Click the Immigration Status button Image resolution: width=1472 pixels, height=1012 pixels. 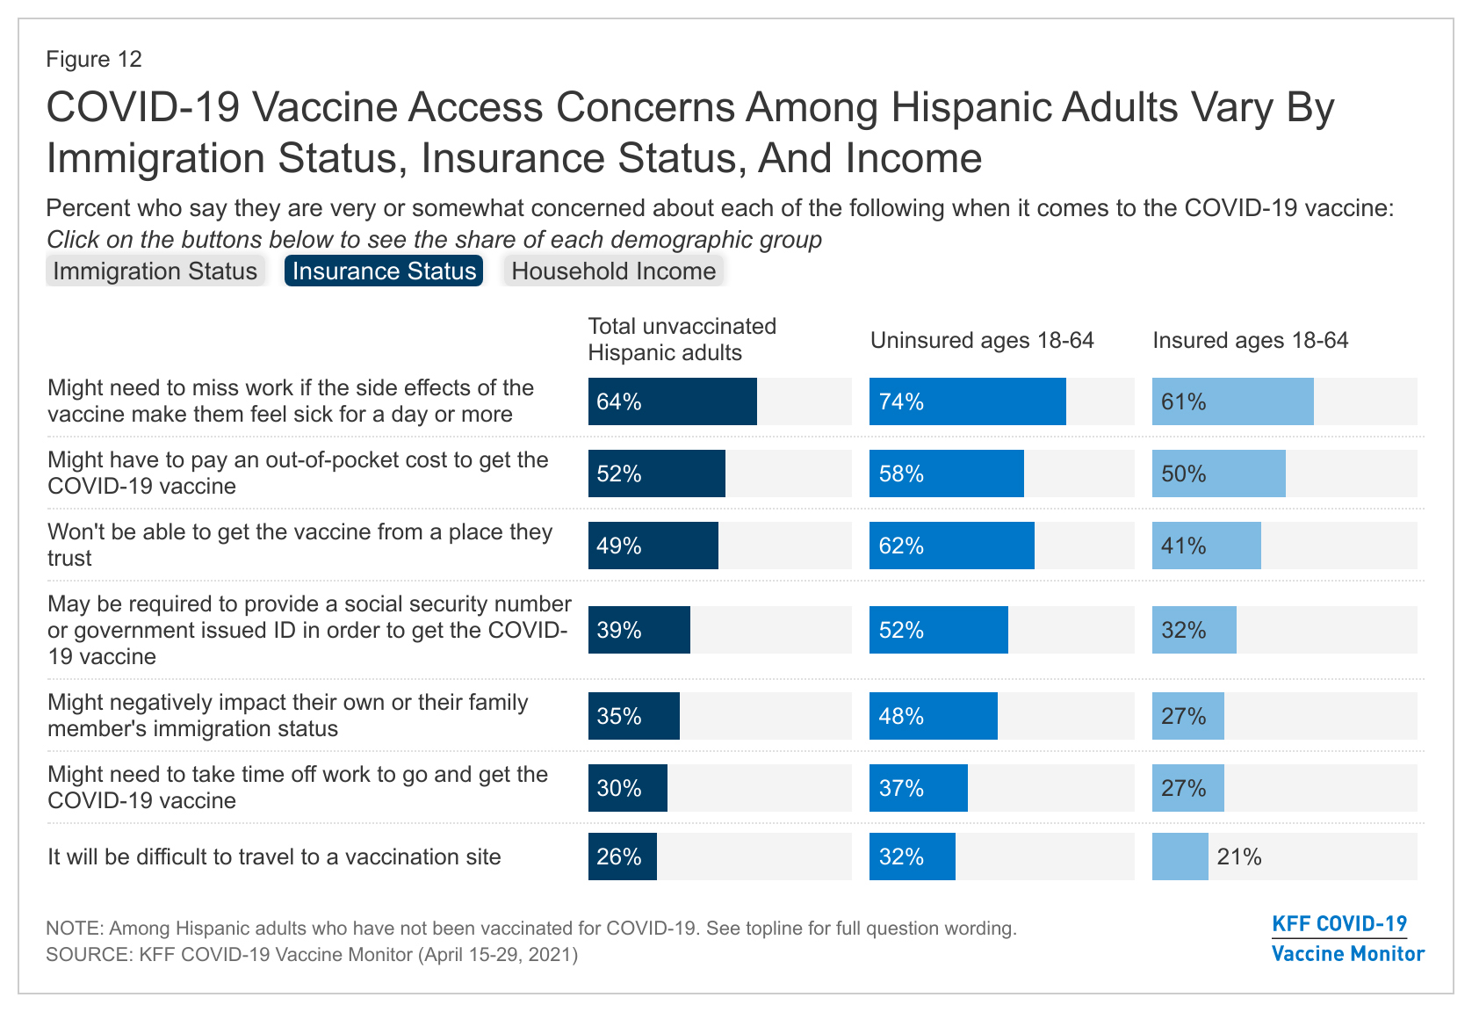click(x=155, y=271)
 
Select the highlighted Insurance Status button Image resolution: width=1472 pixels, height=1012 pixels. click(x=384, y=271)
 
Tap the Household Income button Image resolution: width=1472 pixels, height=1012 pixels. click(x=613, y=271)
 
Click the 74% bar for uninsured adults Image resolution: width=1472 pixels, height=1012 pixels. click(x=967, y=401)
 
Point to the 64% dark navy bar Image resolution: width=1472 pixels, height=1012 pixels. click(x=672, y=401)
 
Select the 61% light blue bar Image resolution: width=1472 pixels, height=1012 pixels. click(x=1232, y=401)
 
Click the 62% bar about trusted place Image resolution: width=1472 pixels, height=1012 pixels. click(x=951, y=546)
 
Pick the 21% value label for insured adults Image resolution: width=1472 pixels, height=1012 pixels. click(x=1239, y=857)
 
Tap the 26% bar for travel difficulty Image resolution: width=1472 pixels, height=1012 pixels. click(x=622, y=857)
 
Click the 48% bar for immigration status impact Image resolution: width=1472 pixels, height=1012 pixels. click(x=933, y=716)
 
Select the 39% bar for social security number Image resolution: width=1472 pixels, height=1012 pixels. click(x=639, y=630)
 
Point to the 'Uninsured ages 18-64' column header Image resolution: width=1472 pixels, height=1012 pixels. click(x=982, y=341)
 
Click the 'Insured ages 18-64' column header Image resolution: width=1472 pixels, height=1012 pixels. click(x=1250, y=341)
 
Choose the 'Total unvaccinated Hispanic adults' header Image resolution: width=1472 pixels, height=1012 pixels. click(x=682, y=339)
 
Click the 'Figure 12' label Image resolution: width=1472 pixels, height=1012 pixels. click(x=94, y=59)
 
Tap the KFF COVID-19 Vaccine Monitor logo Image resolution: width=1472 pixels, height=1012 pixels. click(x=1347, y=938)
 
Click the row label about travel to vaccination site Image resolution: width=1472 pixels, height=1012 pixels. click(x=274, y=857)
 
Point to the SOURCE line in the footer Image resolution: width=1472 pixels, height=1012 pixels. click(x=312, y=954)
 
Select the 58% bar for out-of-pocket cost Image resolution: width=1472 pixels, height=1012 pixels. click(x=946, y=473)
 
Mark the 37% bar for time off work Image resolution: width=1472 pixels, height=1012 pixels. click(x=918, y=788)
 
